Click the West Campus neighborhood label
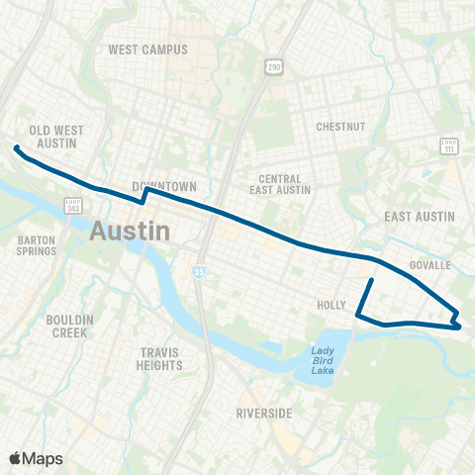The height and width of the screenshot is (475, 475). click(148, 48)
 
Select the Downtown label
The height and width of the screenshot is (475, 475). click(165, 186)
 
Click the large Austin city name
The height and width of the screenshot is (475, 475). click(130, 232)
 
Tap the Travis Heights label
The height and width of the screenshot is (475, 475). click(161, 358)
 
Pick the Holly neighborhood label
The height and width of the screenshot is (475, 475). click(332, 306)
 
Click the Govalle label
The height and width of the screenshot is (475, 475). click(429, 265)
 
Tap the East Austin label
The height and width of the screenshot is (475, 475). click(419, 216)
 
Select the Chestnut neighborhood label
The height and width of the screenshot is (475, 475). click(341, 127)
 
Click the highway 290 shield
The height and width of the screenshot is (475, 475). click(274, 66)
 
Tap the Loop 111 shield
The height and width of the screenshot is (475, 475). click(447, 145)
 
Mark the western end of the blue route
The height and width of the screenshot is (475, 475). click(16, 148)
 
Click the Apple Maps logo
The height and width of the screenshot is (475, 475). click(36, 458)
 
